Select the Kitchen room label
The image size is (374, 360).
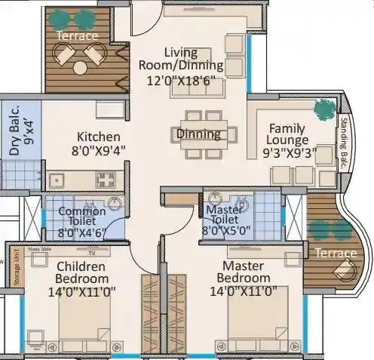pos(98,137)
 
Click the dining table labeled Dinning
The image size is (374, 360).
pos(199,134)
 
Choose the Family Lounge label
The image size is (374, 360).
pos(287,134)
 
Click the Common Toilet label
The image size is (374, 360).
pos(81,217)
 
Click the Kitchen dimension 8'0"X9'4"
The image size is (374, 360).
pos(97,149)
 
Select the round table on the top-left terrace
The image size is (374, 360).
pos(79,67)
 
